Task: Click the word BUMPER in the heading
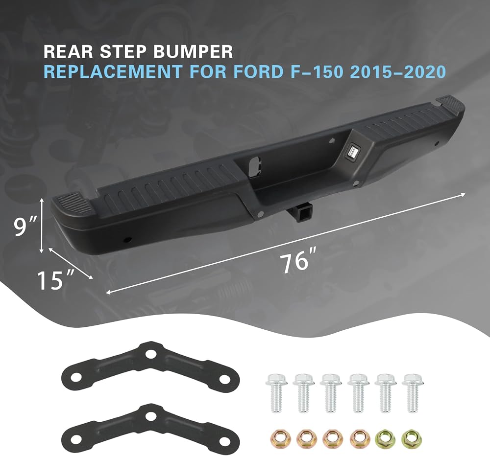193,52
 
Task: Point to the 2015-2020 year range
397,71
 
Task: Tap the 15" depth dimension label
56,280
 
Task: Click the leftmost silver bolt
275,393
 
